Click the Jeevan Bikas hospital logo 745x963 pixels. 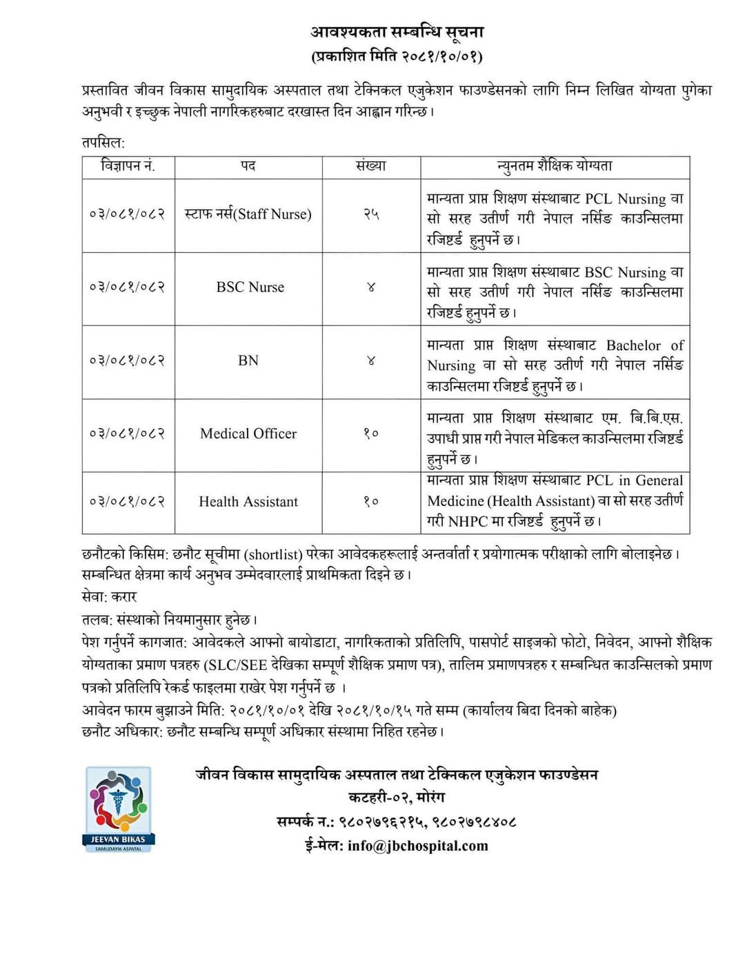[119, 809]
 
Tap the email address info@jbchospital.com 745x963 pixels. [417, 846]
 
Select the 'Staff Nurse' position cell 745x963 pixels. [248, 214]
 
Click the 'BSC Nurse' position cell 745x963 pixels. [250, 287]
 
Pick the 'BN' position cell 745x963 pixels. [248, 361]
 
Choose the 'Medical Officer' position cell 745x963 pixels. [248, 434]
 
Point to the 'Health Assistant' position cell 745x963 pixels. [248, 502]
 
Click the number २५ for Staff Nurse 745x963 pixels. [371, 214]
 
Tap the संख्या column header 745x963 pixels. [371, 166]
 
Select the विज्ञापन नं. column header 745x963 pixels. [128, 166]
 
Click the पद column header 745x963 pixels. [248, 166]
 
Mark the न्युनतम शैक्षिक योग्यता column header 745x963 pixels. [555, 166]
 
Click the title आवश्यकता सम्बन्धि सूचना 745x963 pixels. [397, 32]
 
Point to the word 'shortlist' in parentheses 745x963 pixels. [275, 554]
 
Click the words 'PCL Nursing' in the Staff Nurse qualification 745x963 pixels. [626, 199]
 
